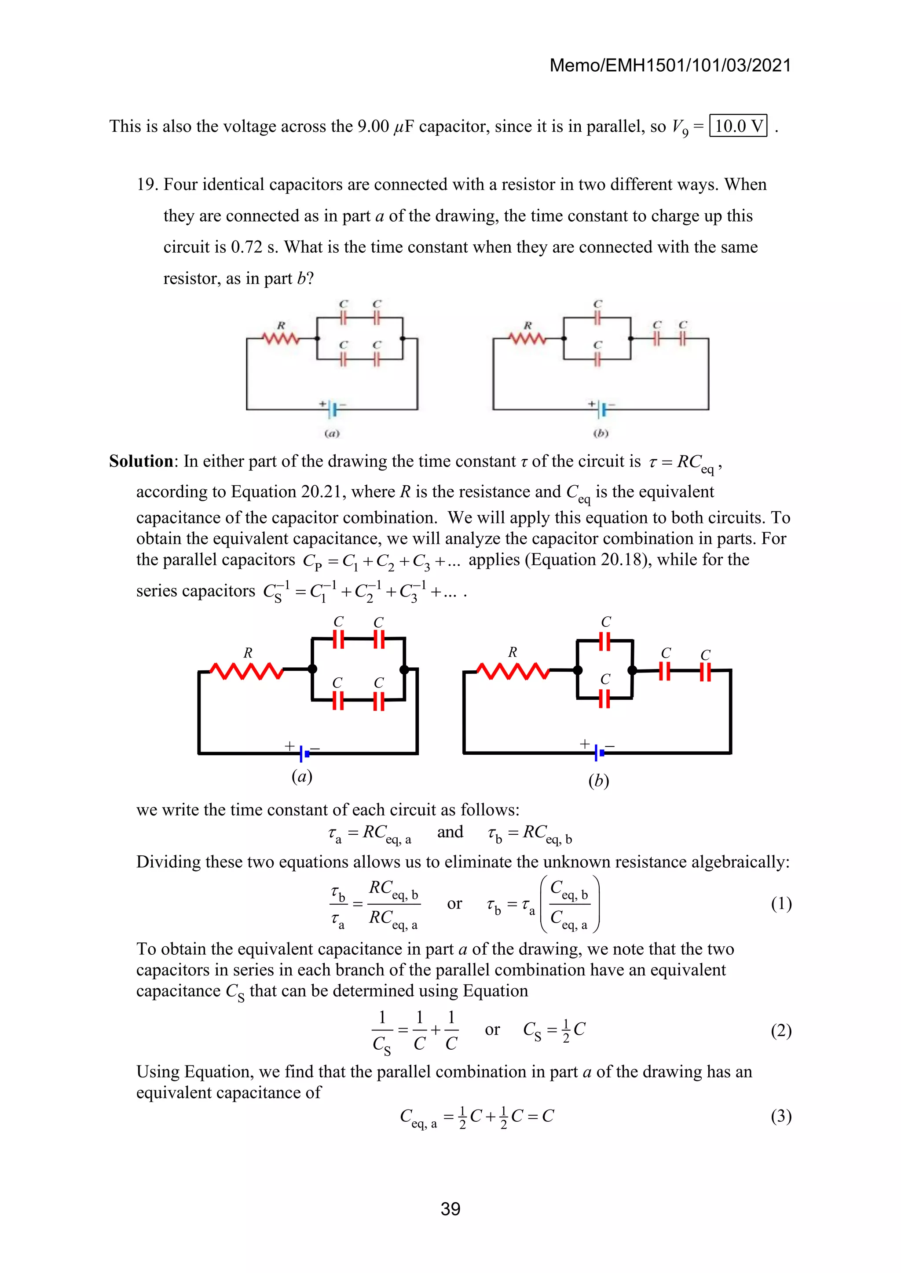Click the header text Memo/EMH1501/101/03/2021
coord(670,65)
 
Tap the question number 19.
coord(147,185)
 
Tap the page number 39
coord(450,1209)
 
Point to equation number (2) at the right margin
coord(780,1031)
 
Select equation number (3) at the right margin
coord(780,1116)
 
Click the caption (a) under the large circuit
coord(302,776)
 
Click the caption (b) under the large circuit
coord(599,781)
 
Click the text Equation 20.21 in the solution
coord(302,492)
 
